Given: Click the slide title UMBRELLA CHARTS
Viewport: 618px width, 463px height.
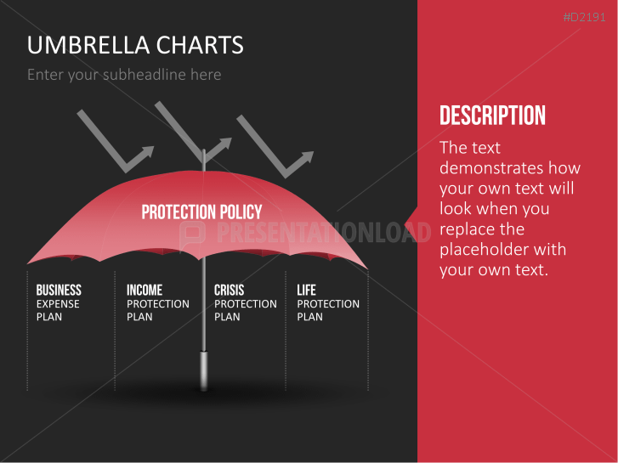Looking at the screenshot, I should pyautogui.click(x=135, y=45).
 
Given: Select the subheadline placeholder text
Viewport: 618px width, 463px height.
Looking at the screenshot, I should pyautogui.click(x=124, y=75).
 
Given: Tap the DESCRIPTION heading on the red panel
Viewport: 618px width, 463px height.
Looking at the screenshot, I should pyautogui.click(x=492, y=116).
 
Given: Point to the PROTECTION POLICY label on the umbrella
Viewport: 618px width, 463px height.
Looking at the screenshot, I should pyautogui.click(x=201, y=212).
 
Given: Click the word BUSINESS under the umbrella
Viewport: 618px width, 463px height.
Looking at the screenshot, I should pyautogui.click(x=59, y=291).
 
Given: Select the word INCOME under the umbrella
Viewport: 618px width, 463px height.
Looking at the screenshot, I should pyautogui.click(x=145, y=291).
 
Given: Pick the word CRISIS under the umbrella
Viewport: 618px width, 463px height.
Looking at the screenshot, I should pyautogui.click(x=229, y=291).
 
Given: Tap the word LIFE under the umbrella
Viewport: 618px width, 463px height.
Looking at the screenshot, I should pyautogui.click(x=306, y=291).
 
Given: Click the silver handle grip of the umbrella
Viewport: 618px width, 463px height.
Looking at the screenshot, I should pyautogui.click(x=204, y=370).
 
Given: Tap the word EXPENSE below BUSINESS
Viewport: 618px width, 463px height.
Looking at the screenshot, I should pyautogui.click(x=58, y=304).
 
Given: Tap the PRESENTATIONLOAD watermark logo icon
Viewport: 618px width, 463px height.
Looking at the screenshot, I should pyautogui.click(x=194, y=232).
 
